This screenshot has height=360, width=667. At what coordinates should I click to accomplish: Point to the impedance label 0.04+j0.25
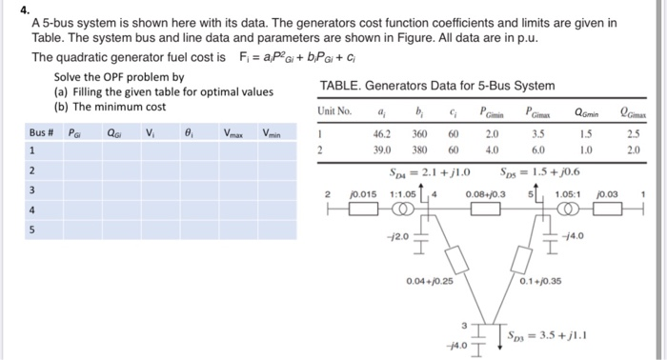tap(429, 282)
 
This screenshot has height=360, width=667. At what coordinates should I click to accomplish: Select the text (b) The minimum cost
tap(111, 108)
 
